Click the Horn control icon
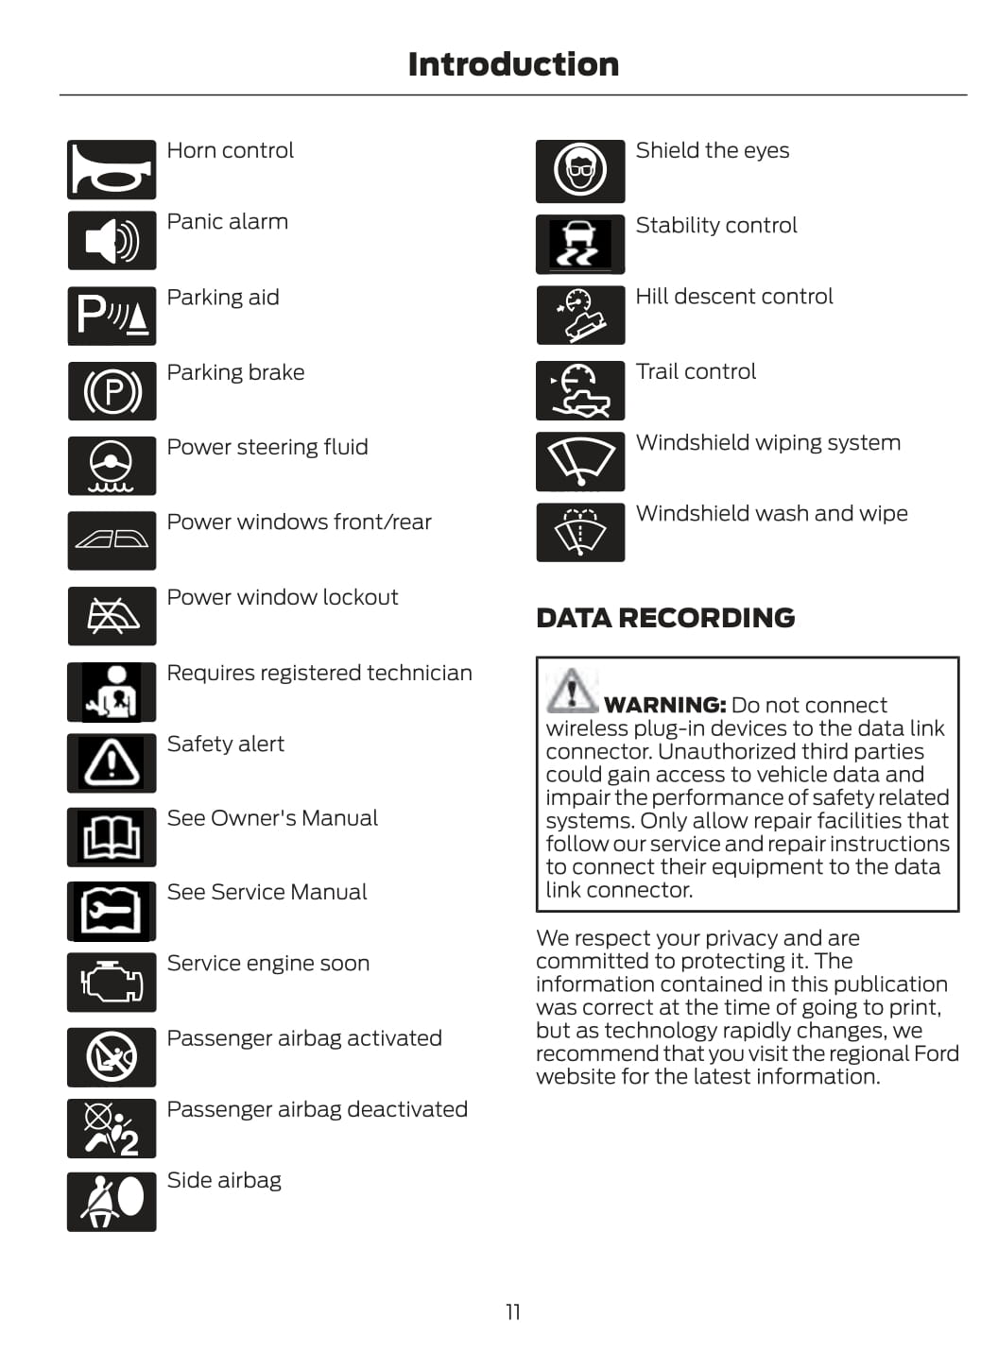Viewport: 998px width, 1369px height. click(x=112, y=170)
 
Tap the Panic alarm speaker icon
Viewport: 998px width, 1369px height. click(x=112, y=240)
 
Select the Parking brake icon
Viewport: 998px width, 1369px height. click(x=112, y=391)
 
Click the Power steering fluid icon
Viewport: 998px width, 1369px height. click(x=112, y=466)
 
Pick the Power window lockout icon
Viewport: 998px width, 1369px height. click(x=112, y=616)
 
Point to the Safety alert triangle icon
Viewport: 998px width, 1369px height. click(x=112, y=762)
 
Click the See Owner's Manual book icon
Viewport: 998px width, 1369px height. click(x=112, y=837)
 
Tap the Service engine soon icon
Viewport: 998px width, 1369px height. click(x=112, y=983)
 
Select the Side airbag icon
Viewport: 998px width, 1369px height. click(x=112, y=1202)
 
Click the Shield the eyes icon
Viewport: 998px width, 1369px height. click(x=580, y=171)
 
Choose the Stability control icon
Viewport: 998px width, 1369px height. click(x=580, y=245)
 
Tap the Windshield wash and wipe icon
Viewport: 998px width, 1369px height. click(x=580, y=533)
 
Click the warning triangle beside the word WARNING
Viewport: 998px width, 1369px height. click(x=571, y=691)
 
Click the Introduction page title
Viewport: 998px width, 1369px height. click(x=513, y=64)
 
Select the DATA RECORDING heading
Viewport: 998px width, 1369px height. click(x=665, y=618)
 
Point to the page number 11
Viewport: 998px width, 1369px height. click(x=513, y=1311)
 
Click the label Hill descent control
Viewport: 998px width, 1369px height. click(x=734, y=297)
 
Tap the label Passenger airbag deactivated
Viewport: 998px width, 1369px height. click(x=317, y=1109)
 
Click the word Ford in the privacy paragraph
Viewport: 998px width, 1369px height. click(x=937, y=1053)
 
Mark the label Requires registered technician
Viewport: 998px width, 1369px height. click(x=319, y=673)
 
